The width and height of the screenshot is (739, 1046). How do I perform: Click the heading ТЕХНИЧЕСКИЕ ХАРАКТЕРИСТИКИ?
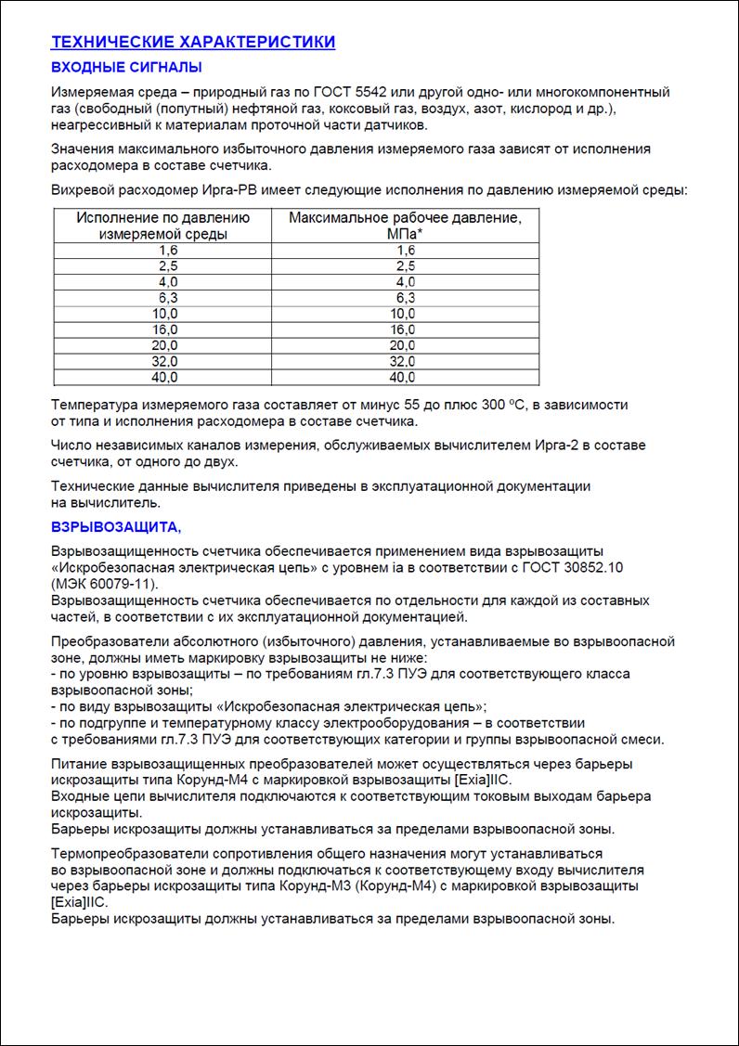tap(193, 42)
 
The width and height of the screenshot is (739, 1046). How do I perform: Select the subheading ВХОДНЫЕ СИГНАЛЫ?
tap(126, 67)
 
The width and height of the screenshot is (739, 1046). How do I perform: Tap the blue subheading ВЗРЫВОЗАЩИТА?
tap(116, 527)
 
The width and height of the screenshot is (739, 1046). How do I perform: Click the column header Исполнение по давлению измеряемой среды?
tap(163, 226)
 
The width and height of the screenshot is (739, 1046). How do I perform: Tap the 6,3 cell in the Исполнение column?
tap(168, 298)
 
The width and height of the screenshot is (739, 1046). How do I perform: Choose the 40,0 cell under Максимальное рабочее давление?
tap(402, 378)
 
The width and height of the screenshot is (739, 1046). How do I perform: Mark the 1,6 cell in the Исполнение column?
tap(168, 251)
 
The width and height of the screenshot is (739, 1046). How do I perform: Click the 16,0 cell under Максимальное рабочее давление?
tap(402, 329)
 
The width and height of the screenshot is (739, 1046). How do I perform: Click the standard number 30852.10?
tap(566, 566)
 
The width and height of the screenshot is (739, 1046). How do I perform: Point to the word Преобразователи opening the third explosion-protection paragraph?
tap(108, 641)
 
